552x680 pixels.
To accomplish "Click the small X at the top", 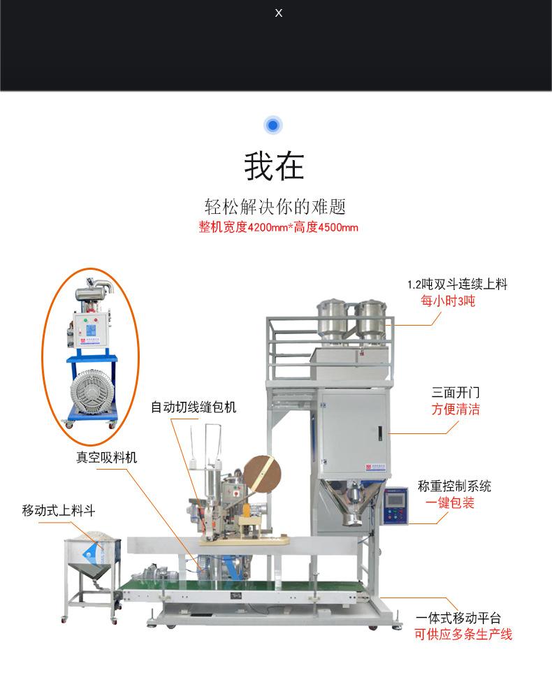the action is pos(279,13).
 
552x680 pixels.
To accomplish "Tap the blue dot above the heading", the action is pos(273,126).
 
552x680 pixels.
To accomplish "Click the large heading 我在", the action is pos(274,166).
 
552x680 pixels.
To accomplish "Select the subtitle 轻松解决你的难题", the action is pos(275,207).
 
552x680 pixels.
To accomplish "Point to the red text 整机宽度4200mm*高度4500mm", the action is pos(278,227).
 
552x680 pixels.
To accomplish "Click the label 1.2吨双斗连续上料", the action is pos(457,284).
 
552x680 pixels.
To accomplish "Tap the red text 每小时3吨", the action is pos(447,301).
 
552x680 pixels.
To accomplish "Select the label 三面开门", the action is pos(456,393).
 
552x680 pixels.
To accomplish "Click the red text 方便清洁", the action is pos(456,410).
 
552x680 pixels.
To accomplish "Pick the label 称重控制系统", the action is pos(454,486).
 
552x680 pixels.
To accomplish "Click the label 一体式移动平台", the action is pos(458,618).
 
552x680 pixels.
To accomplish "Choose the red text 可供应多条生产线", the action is pos(463,635).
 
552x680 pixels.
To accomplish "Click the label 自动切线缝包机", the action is pos(194,407).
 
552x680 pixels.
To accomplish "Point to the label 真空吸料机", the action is pos(106,458).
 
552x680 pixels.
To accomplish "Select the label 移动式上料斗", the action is pos(58,510).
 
